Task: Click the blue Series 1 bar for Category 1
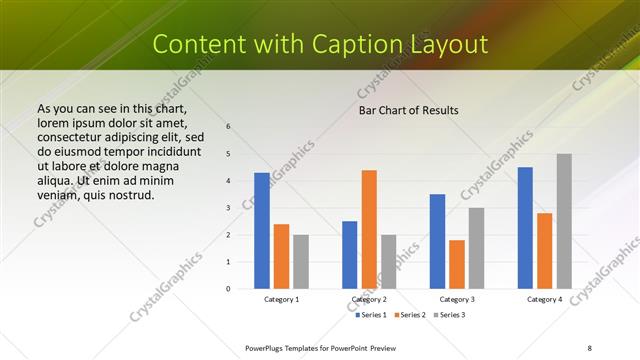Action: coord(262,231)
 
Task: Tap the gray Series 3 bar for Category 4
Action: coord(564,221)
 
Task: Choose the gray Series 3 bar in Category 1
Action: coord(301,261)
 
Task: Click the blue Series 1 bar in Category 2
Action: coord(349,255)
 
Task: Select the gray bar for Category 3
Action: coord(476,248)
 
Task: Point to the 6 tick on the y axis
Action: coord(228,126)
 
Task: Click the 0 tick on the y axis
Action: coord(228,288)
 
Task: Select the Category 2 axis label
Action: coord(368,299)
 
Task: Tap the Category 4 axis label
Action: coord(545,299)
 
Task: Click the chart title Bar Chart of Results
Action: coord(408,110)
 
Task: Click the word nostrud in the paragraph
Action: coord(133,196)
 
